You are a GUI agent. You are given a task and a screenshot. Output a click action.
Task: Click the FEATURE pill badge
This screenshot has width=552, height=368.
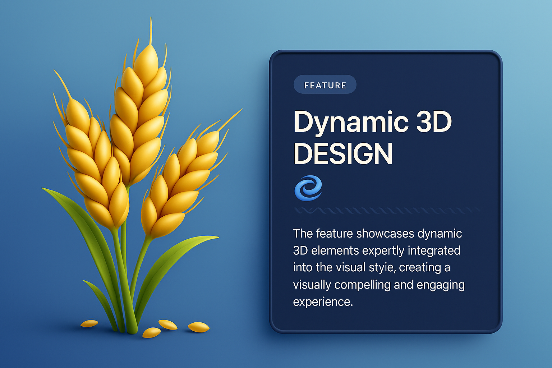325,84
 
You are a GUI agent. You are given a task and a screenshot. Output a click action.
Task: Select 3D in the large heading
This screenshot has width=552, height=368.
434,121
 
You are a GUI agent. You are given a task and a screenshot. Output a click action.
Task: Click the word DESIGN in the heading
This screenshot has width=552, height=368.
343,153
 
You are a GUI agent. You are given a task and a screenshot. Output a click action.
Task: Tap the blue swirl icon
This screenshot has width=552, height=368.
308,188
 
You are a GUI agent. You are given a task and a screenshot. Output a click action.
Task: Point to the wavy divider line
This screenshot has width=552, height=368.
387,210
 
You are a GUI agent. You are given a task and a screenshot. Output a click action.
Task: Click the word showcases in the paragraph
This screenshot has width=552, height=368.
385,234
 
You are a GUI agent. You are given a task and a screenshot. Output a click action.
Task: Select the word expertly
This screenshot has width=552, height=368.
383,251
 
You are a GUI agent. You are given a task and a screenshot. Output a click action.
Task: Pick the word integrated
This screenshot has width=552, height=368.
434,251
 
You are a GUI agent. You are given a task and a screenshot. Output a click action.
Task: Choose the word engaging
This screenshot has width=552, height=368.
441,285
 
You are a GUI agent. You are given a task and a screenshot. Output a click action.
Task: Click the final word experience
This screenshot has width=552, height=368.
323,302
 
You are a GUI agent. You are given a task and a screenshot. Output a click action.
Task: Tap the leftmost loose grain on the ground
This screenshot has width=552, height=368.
89,323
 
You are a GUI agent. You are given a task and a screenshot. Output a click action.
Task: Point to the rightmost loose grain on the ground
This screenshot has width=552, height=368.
199,327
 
